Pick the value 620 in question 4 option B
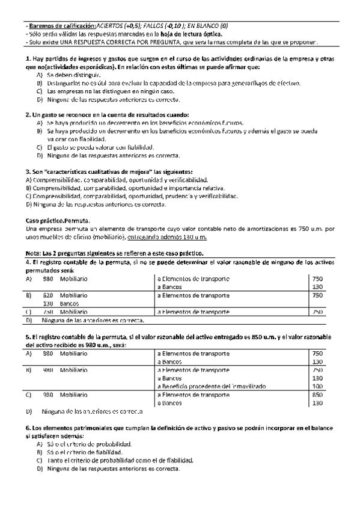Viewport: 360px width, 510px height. (x=48, y=295)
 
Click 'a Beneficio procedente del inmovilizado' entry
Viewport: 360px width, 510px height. (x=210, y=386)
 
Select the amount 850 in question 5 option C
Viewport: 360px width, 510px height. (x=318, y=395)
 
